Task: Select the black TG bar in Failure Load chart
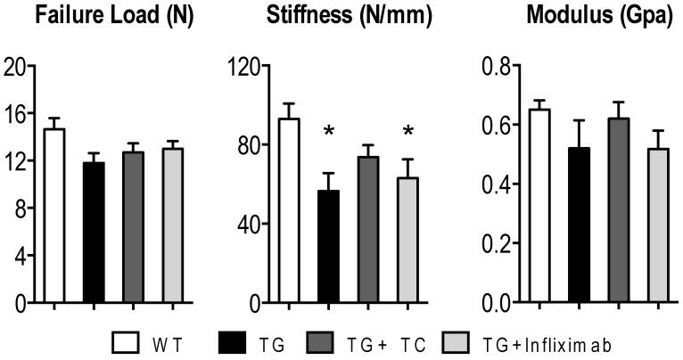pos(94,233)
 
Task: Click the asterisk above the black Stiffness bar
pos(329,133)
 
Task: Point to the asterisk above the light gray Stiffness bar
pos(408,133)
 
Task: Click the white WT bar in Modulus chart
pos(539,206)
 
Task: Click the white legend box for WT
pos(125,342)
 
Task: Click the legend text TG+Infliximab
pos(561,342)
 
